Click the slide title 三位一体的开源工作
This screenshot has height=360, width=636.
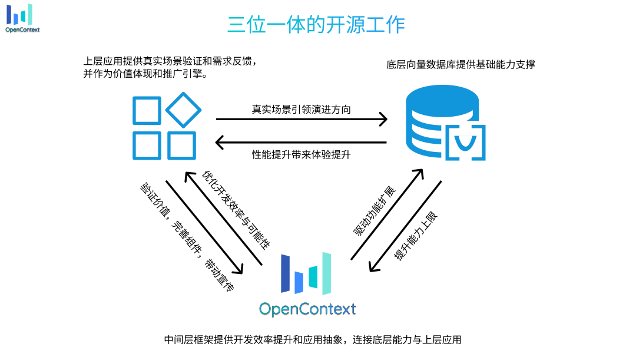point(316,25)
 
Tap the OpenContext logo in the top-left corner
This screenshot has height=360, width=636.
point(22,18)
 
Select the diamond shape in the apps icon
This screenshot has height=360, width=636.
point(183,110)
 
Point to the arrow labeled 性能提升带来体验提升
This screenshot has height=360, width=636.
point(300,142)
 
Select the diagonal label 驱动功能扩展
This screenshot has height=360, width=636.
point(375,211)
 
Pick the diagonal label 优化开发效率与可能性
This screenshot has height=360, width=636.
point(236,209)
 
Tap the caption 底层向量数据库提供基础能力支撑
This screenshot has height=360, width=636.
point(461,65)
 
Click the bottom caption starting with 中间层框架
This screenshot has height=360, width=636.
point(312,340)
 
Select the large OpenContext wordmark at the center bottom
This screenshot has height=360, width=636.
point(307,309)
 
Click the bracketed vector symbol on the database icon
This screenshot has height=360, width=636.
point(465,143)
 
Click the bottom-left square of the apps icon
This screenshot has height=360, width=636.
point(146,146)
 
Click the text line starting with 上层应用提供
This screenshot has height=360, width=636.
point(171,61)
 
